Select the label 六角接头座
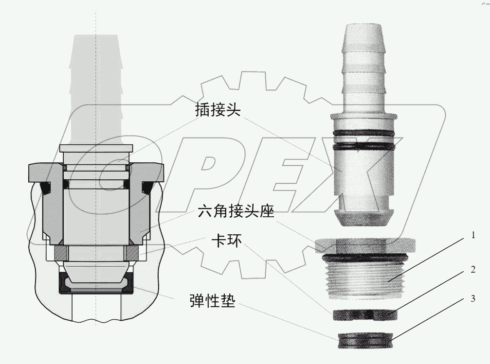[237, 212]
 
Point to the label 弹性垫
[212, 302]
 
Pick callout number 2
[472, 269]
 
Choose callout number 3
[472, 298]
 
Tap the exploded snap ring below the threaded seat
[364, 315]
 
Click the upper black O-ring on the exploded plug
[362, 133]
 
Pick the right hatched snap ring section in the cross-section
[133, 253]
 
